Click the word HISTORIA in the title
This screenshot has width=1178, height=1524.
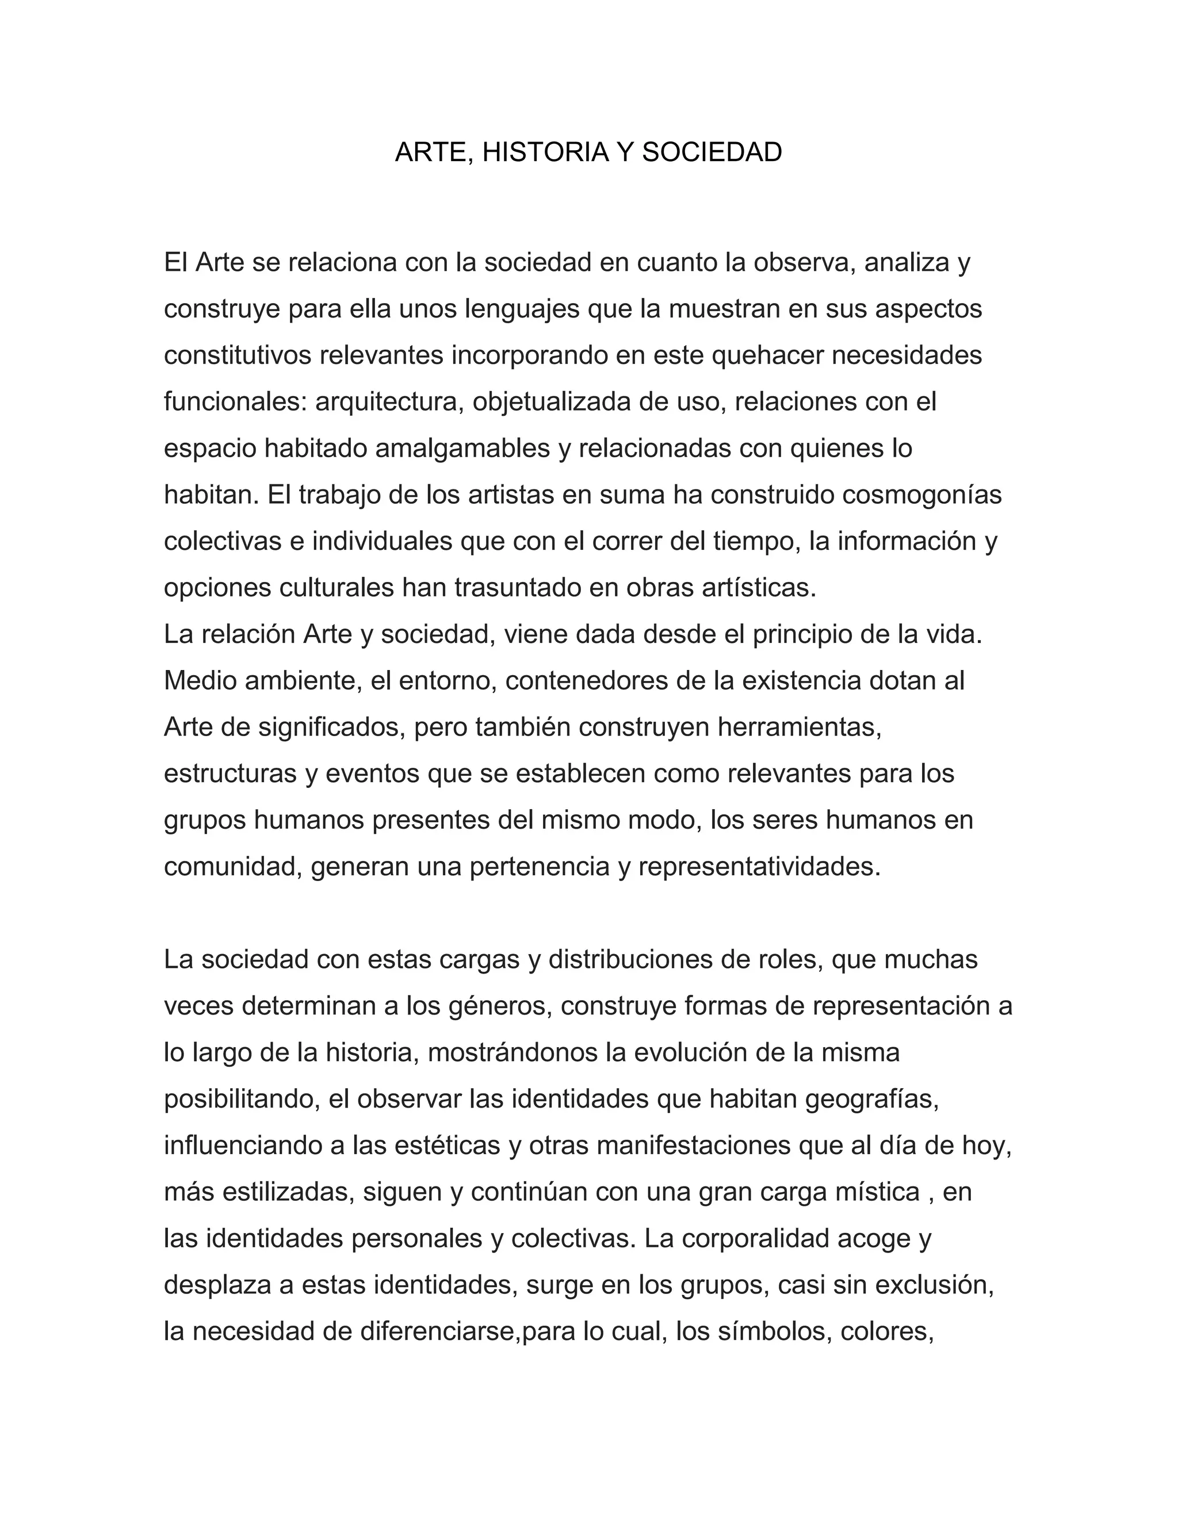pos(545,152)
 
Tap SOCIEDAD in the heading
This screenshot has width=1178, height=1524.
pos(712,152)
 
